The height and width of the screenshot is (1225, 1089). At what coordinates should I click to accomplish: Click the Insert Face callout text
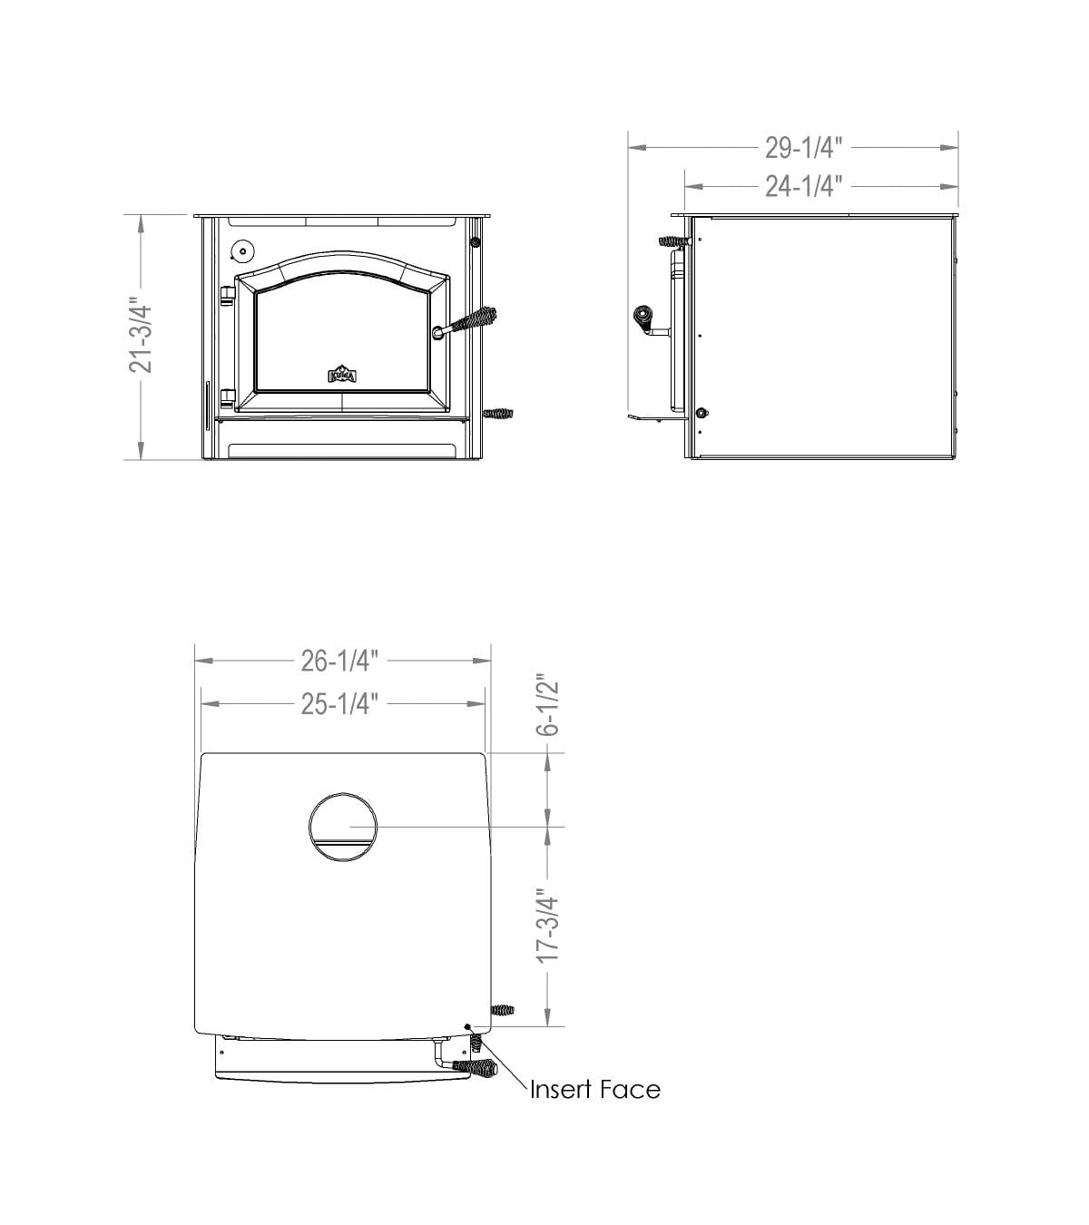(x=594, y=1089)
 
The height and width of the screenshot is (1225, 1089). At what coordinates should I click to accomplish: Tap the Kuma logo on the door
(x=342, y=375)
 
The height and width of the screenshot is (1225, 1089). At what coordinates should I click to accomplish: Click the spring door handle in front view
(x=473, y=322)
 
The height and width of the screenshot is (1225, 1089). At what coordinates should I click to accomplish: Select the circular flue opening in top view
(x=343, y=827)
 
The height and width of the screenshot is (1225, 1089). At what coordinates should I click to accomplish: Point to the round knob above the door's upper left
(x=243, y=251)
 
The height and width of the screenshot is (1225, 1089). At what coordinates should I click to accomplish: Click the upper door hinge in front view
(x=227, y=292)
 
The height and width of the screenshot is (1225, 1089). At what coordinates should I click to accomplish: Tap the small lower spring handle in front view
(x=499, y=414)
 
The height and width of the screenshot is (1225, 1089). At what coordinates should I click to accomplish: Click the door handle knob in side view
(x=643, y=318)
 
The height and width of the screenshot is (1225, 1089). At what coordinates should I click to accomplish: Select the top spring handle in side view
(x=672, y=242)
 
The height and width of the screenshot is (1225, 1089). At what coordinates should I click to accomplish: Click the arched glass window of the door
(x=342, y=336)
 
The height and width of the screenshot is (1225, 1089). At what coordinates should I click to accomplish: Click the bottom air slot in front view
(x=342, y=450)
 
